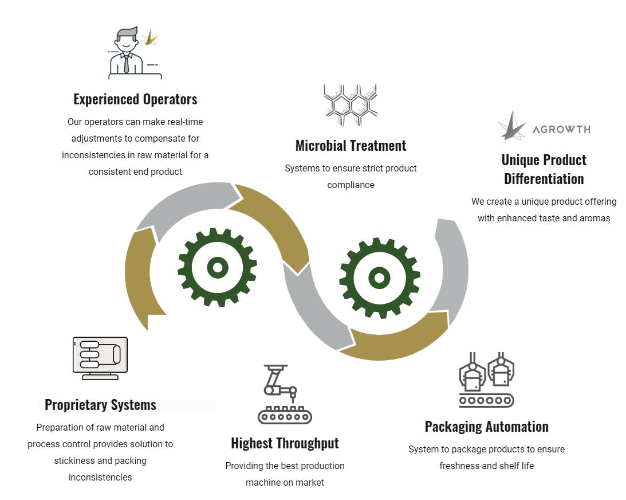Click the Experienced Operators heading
(135, 99)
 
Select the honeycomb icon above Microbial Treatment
(350, 105)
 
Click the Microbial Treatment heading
(351, 146)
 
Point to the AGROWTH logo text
(561, 129)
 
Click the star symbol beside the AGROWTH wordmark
(511, 126)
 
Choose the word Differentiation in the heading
(544, 178)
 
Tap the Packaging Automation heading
(486, 427)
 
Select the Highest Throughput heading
(285, 443)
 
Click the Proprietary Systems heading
(100, 405)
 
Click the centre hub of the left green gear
(217, 267)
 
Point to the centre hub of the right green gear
(379, 278)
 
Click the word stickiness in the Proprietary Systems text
(76, 460)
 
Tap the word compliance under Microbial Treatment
(351, 185)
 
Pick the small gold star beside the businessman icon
(151, 38)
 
